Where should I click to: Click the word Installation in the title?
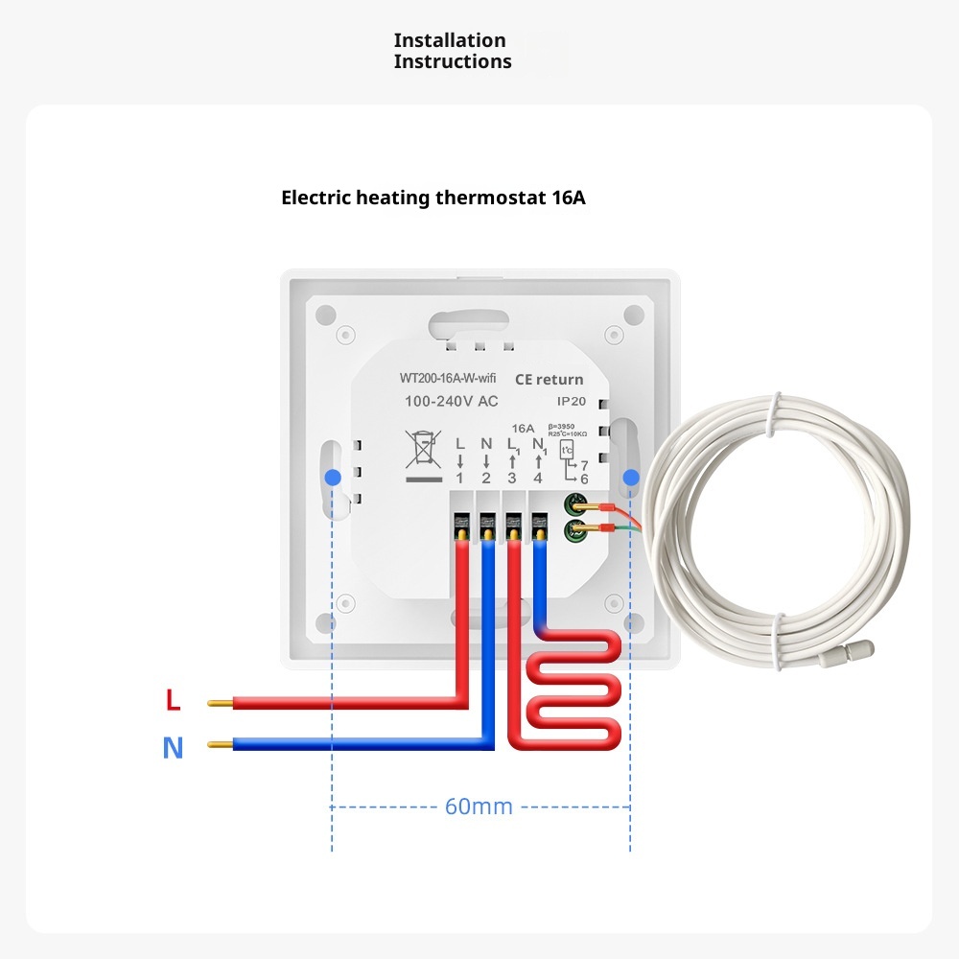pyautogui.click(x=450, y=40)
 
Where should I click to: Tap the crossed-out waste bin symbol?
pyautogui.click(x=420, y=452)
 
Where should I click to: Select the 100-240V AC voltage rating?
pyautogui.click(x=451, y=401)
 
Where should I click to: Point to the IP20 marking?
pyautogui.click(x=571, y=402)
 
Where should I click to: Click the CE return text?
pyautogui.click(x=549, y=379)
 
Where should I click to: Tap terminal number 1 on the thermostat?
pyautogui.click(x=459, y=478)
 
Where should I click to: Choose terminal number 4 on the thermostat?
pyautogui.click(x=537, y=478)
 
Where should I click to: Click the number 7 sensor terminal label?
pyautogui.click(x=583, y=464)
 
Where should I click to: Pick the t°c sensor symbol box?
pyautogui.click(x=566, y=449)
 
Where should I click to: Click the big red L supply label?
pyautogui.click(x=173, y=701)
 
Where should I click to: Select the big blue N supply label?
pyautogui.click(x=173, y=747)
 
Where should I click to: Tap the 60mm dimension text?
pyautogui.click(x=479, y=807)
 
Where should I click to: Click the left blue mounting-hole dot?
pyautogui.click(x=332, y=477)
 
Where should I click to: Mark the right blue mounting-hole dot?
pyautogui.click(x=631, y=477)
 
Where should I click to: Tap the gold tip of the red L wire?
pyautogui.click(x=220, y=703)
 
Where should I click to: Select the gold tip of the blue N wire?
pyautogui.click(x=220, y=744)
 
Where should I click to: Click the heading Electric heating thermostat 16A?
pyautogui.click(x=433, y=199)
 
